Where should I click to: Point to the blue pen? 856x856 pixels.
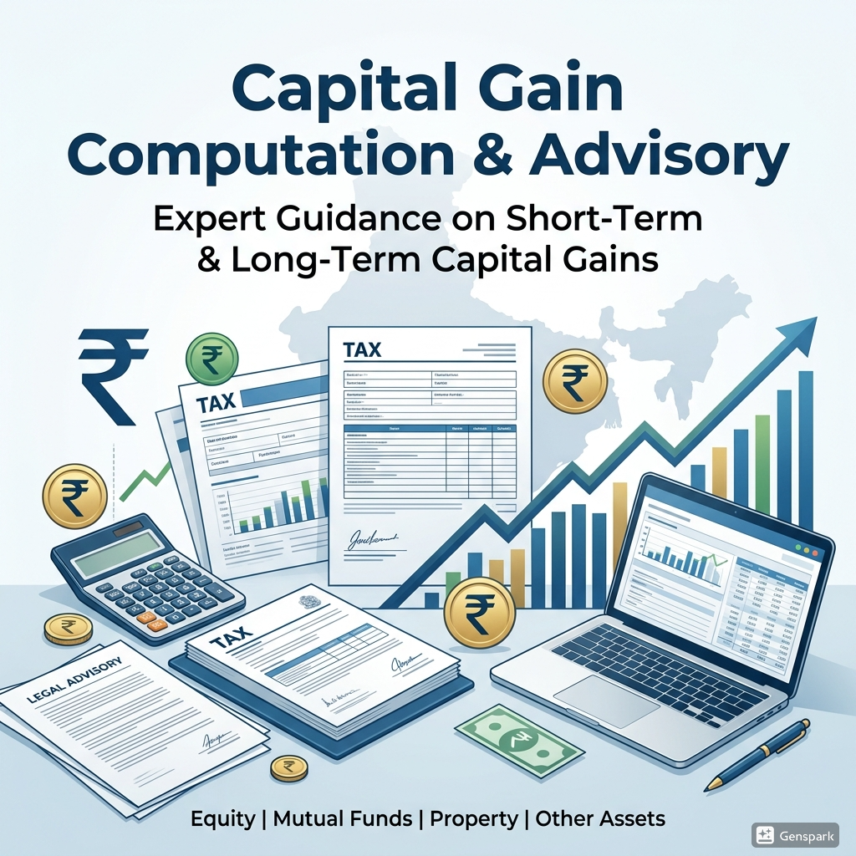[x=757, y=753]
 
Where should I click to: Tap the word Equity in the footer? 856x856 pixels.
[x=222, y=818]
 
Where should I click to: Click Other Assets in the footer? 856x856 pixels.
[x=600, y=818]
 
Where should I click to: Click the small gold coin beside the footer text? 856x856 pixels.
[x=288, y=767]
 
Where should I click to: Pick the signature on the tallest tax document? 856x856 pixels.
[x=373, y=539]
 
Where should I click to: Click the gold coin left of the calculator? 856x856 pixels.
[x=74, y=497]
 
